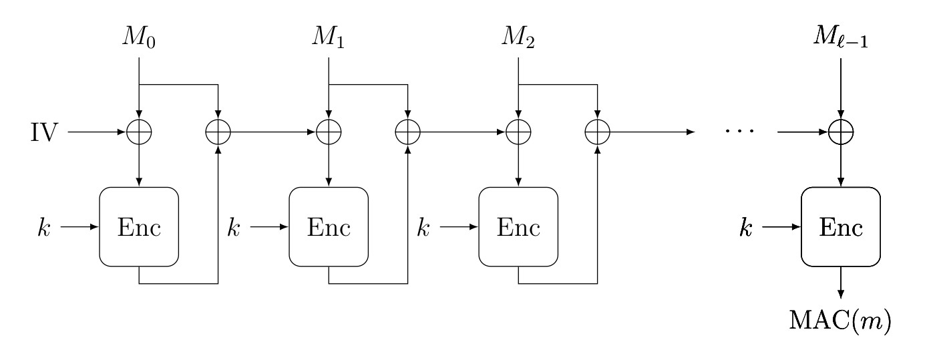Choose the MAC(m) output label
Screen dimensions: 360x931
pyautogui.click(x=841, y=323)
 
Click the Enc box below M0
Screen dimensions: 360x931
pyautogui.click(x=139, y=227)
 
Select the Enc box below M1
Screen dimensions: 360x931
pyautogui.click(x=329, y=227)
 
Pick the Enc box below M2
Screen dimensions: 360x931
pyautogui.click(x=518, y=227)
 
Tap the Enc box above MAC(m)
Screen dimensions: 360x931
pyautogui.click(x=841, y=227)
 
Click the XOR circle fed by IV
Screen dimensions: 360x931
pyautogui.click(x=139, y=132)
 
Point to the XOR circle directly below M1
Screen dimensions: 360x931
pyautogui.click(x=329, y=132)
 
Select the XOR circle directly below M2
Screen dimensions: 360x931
pyautogui.click(x=518, y=132)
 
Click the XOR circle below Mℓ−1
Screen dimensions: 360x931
pyautogui.click(x=841, y=132)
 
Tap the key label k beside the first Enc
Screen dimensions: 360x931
pyautogui.click(x=43, y=227)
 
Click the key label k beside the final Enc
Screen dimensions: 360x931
pyautogui.click(x=746, y=227)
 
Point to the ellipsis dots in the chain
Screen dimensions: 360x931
pyautogui.click(x=740, y=132)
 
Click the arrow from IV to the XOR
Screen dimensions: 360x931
pyautogui.click(x=98, y=132)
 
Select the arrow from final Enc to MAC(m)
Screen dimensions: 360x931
pyautogui.click(x=841, y=283)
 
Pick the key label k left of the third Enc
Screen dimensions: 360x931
pyautogui.click(x=423, y=227)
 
